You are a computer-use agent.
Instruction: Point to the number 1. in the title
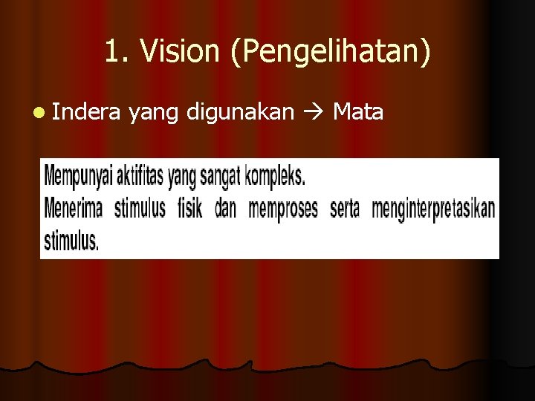coord(117,51)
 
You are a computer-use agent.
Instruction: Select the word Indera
coord(85,112)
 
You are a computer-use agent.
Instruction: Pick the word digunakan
coord(236,113)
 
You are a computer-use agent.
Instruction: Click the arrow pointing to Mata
coord(312,113)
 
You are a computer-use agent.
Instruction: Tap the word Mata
coord(358,112)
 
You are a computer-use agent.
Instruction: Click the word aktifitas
coord(139,177)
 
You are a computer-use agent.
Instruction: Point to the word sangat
coord(222,177)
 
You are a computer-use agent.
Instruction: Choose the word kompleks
coord(274,177)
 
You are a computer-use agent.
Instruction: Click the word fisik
coord(189,209)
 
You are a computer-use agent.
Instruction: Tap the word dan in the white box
coord(225,209)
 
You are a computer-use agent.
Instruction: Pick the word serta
coord(344,209)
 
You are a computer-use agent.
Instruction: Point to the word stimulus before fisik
coord(140,209)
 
